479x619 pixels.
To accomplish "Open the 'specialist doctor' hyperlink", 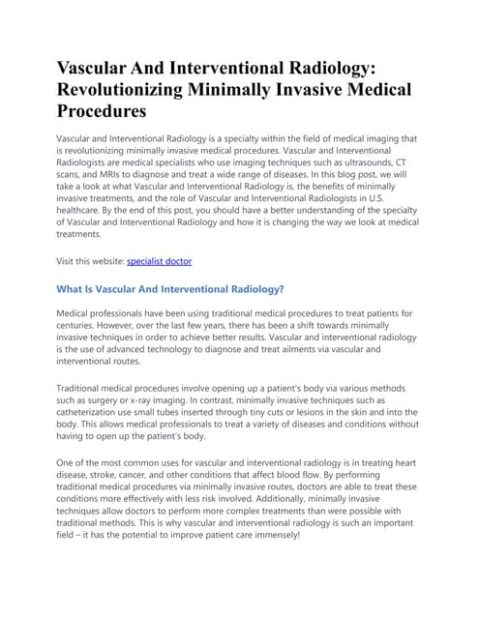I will (x=159, y=261).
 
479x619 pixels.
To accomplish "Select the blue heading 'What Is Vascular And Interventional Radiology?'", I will (x=170, y=289).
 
